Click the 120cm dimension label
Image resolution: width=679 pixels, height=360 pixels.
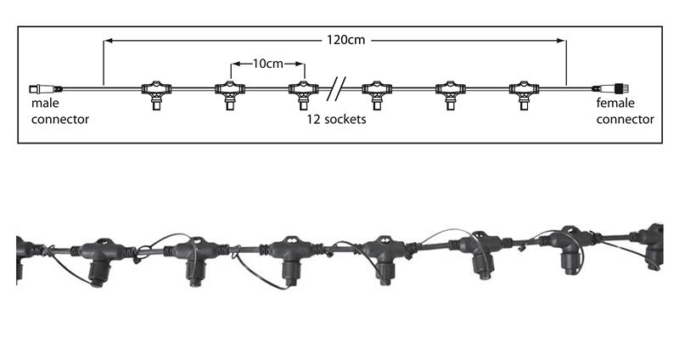[345, 40]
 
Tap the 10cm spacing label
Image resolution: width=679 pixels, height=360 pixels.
[267, 64]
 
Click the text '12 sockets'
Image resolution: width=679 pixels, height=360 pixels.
[336, 119]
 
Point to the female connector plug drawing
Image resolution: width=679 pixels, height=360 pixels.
[610, 89]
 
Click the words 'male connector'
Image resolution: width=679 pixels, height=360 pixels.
[60, 111]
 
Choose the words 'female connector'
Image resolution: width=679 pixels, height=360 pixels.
[626, 111]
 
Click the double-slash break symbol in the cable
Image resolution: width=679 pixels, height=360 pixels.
[336, 89]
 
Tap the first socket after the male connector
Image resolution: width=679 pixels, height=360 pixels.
[156, 95]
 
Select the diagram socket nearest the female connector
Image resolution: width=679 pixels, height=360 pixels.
[524, 95]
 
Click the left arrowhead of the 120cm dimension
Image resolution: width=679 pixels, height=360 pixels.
[109, 41]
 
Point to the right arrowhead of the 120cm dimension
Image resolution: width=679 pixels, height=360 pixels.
[561, 41]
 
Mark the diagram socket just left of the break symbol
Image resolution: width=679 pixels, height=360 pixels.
[304, 95]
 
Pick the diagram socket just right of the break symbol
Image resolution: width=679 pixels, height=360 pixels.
[377, 95]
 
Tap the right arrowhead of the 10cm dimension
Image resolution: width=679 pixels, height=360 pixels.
[300, 65]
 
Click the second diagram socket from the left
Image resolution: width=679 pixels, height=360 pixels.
[230, 95]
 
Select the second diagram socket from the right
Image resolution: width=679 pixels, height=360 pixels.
[451, 95]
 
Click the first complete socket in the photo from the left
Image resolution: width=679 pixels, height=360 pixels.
[99, 261]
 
